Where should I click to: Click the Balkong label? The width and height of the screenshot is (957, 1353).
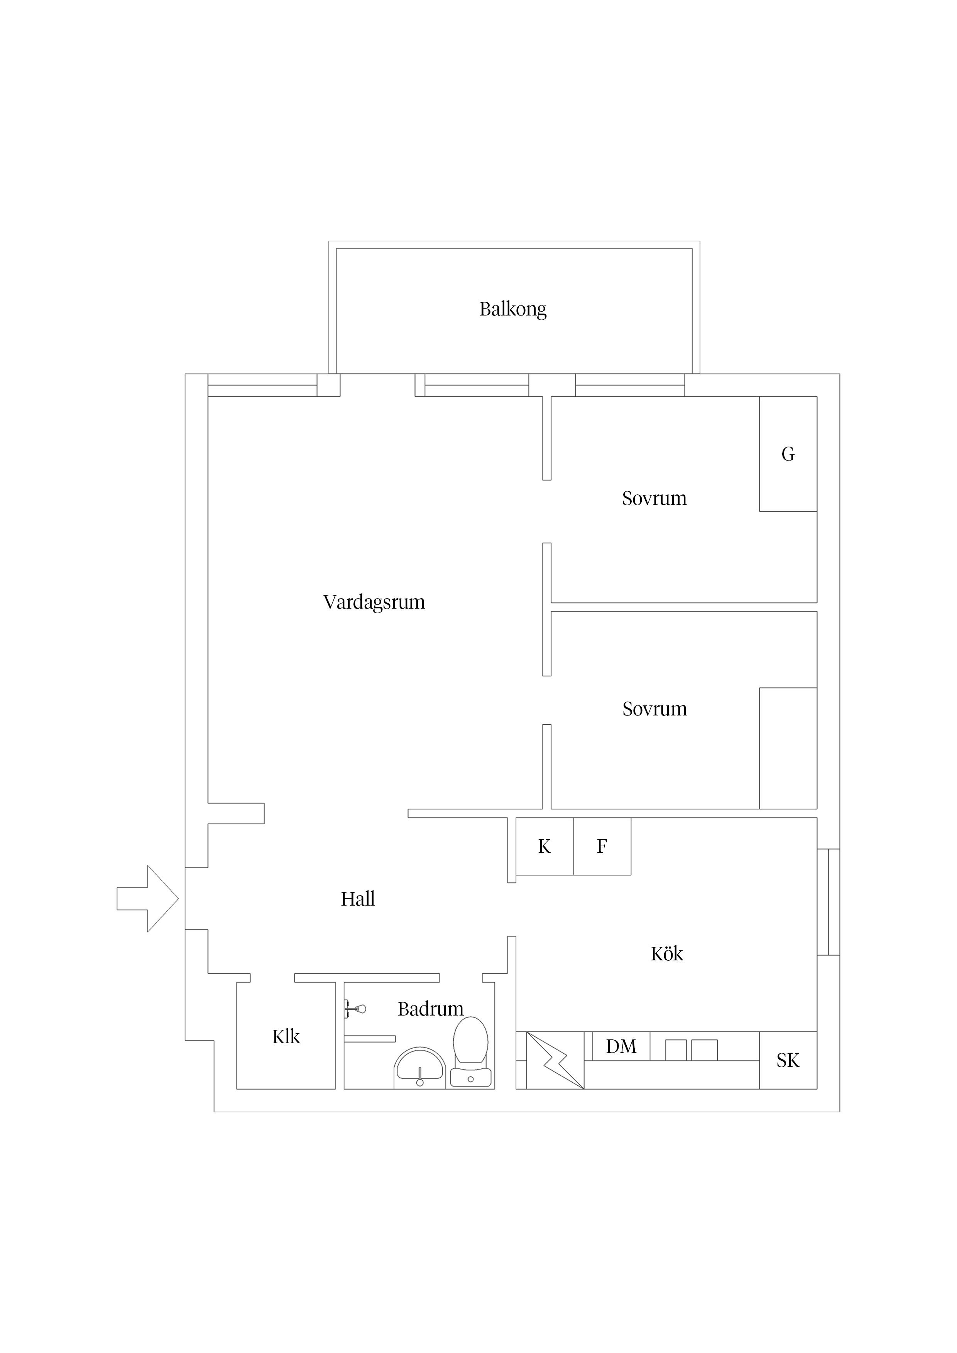click(512, 309)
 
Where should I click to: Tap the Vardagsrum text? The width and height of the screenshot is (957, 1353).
click(374, 602)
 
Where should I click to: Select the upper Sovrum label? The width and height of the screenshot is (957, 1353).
click(654, 499)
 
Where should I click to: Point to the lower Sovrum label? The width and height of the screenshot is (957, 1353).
click(654, 709)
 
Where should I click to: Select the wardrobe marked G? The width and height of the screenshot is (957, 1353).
click(788, 454)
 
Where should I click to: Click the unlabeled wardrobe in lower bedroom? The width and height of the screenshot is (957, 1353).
click(788, 748)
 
